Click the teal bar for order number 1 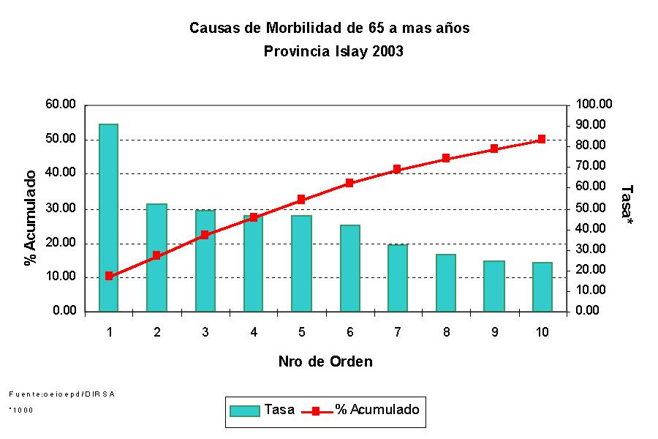109,217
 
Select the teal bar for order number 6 350,268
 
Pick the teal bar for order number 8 446,282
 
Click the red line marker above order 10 542,139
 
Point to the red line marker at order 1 109,276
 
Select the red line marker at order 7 397,169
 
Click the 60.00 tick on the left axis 61,105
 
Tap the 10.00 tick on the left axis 61,277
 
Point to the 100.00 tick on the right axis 594,105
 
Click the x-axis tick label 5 302,332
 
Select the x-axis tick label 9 495,332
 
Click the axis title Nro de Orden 325,361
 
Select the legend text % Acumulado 377,410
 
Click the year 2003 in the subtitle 387,52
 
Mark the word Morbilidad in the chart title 306,29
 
